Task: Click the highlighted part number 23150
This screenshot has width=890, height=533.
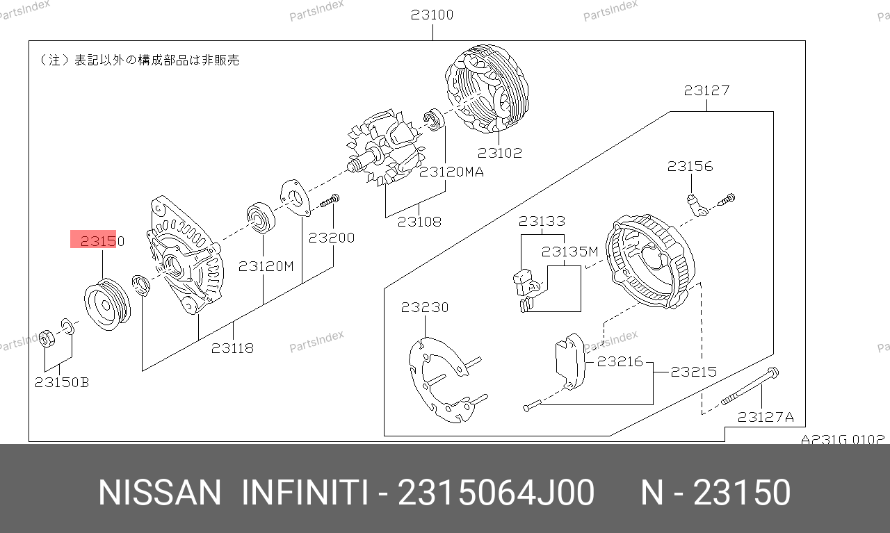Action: [x=102, y=240]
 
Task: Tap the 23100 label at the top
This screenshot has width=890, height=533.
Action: [x=432, y=15]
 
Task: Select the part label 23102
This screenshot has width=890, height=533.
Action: [x=499, y=153]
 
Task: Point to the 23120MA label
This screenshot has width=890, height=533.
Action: [x=451, y=172]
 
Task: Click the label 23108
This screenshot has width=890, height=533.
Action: [x=419, y=222]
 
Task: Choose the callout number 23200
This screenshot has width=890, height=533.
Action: [x=332, y=238]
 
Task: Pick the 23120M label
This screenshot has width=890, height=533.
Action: [x=266, y=266]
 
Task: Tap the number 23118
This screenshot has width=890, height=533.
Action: [x=232, y=348]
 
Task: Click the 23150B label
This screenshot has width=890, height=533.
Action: [x=62, y=382]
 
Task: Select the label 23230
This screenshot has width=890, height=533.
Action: [x=425, y=307]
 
